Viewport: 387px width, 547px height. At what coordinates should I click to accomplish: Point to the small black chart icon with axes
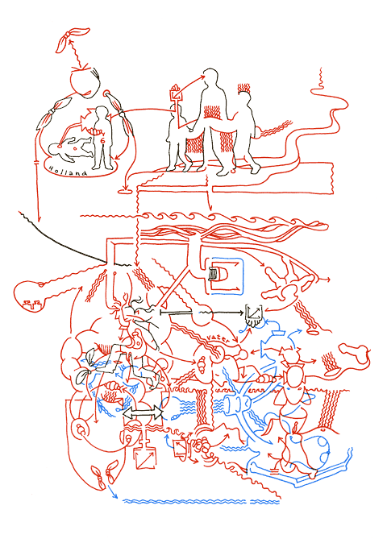click(x=253, y=313)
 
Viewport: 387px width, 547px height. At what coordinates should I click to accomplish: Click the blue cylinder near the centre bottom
click(x=236, y=403)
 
